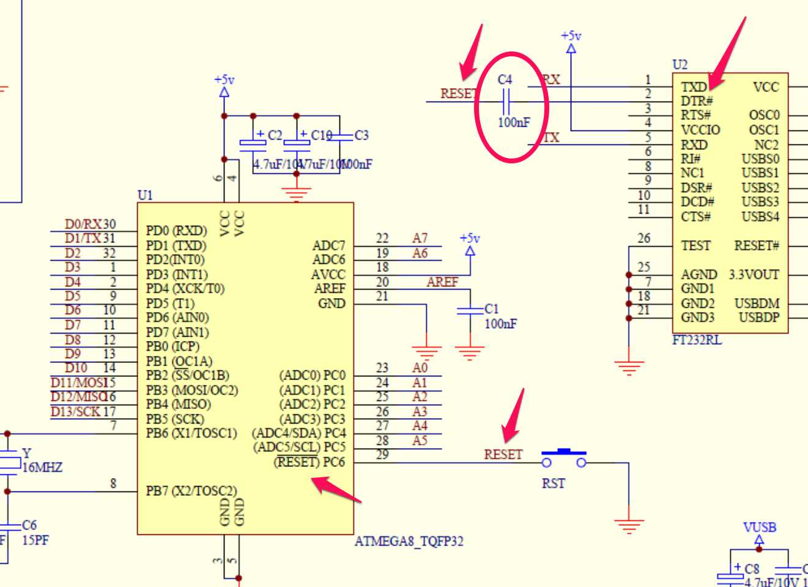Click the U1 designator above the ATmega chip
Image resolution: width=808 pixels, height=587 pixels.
pos(145,195)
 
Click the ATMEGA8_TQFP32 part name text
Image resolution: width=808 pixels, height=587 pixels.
pos(409,541)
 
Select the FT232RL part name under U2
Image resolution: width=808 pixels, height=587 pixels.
pos(697,340)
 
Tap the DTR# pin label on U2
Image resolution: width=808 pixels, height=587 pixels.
pos(697,101)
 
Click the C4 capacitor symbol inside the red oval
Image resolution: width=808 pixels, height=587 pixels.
pos(506,101)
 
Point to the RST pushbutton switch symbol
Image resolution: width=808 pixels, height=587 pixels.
pos(563,458)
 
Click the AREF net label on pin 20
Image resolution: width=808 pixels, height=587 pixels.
pos(442,282)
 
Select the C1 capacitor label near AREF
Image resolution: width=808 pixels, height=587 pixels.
pos(492,308)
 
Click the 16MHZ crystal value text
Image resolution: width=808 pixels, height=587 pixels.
pos(42,468)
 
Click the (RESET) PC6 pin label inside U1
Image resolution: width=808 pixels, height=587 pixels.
pos(309,462)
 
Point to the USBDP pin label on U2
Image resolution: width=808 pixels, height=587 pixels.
pos(759,318)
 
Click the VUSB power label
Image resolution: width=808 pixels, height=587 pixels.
pos(760,527)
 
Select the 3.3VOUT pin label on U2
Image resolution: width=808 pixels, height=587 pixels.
pos(754,275)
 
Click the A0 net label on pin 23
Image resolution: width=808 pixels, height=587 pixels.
pos(420,368)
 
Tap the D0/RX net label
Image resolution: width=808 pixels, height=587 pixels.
pos(83,224)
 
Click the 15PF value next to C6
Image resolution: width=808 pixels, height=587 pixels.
pos(35,540)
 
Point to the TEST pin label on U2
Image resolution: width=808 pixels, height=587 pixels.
pos(696,246)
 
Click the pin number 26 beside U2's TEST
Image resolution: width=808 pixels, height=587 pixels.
pos(643,238)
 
